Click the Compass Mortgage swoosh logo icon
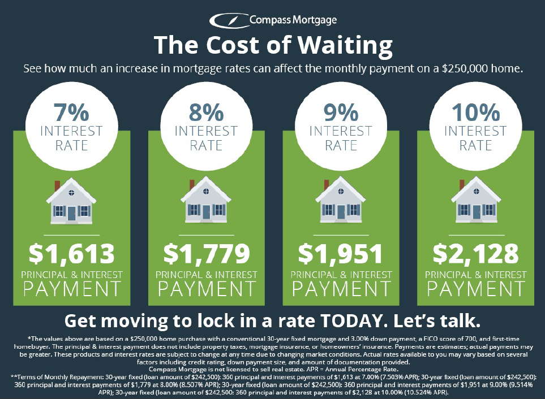[x=228, y=21]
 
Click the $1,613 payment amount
[x=71, y=254]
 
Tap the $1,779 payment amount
[x=206, y=254]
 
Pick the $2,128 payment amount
[x=475, y=254]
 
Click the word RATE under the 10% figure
[x=475, y=145]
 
